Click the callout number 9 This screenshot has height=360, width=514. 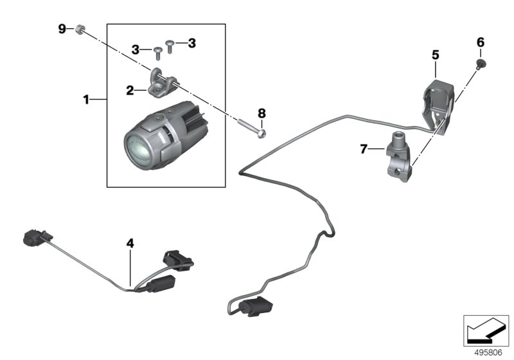(62, 28)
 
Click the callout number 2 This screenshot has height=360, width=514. (130, 91)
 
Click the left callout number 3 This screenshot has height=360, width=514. (136, 49)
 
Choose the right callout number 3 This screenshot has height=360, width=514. (191, 43)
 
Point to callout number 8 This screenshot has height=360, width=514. (262, 113)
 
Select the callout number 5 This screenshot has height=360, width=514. (435, 55)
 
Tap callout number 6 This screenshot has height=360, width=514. (480, 42)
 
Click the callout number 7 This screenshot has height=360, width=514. (363, 150)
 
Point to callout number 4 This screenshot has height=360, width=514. (130, 244)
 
